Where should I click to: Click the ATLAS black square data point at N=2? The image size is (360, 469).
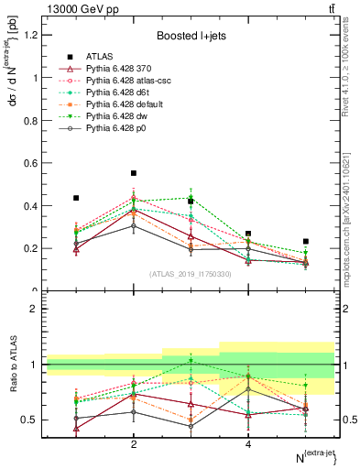pos(134,173)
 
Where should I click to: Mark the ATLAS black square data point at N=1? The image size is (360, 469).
pos(76,198)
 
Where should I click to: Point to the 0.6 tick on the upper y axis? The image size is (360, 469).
pos(32,163)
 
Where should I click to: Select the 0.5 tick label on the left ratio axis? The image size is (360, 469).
pos(32,420)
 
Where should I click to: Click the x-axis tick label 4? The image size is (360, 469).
pos(248,444)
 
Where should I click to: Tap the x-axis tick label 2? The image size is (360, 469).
pos(134,444)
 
